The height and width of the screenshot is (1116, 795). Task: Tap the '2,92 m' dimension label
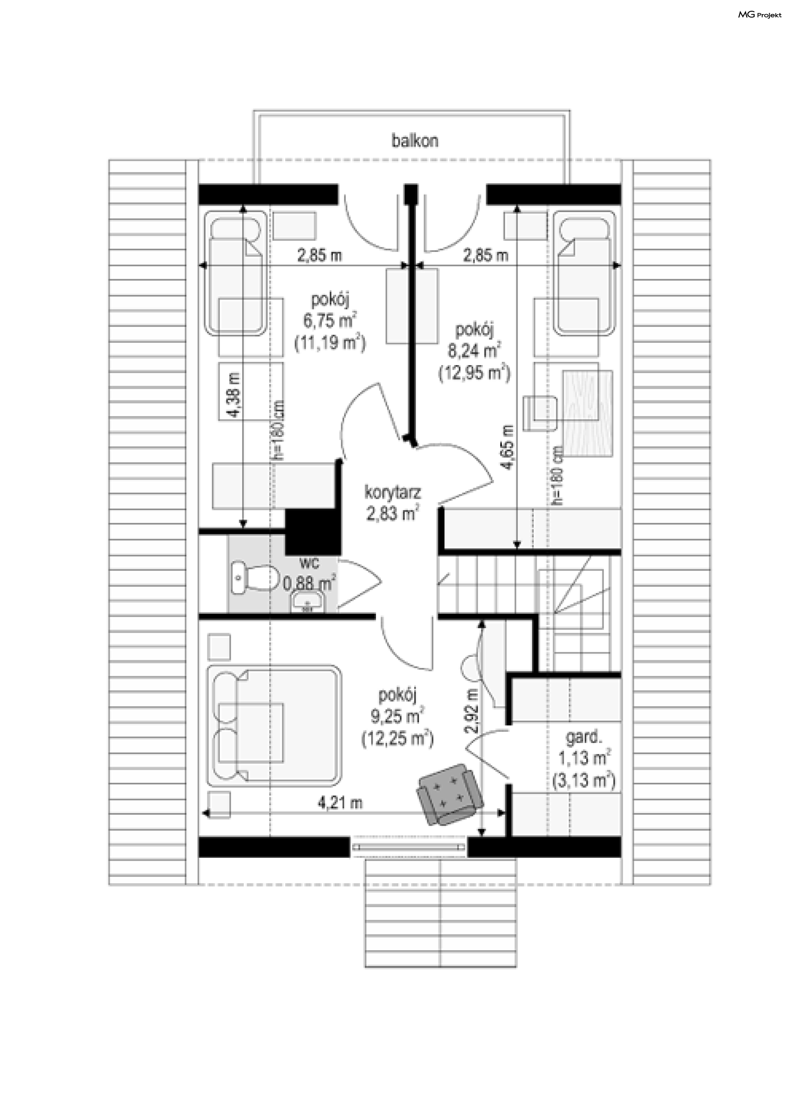(x=472, y=710)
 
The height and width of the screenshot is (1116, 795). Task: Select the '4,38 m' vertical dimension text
(x=234, y=395)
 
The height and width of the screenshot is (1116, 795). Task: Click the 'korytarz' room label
(x=393, y=491)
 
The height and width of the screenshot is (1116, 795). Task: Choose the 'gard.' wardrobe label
(x=583, y=736)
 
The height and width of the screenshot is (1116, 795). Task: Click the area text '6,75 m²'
(x=330, y=320)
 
